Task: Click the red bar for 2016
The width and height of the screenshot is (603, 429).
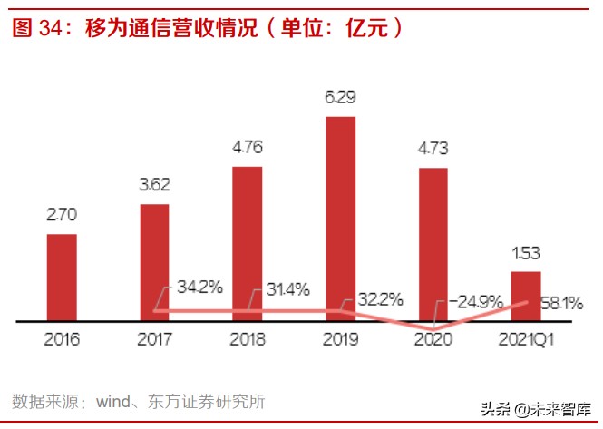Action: tap(62, 278)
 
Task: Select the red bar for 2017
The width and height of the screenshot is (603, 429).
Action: tap(154, 262)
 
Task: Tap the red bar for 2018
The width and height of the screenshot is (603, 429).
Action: tap(248, 243)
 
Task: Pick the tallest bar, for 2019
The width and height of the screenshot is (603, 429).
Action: tap(340, 219)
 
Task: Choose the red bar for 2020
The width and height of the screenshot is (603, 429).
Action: tap(433, 244)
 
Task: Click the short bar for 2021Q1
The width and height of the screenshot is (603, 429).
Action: tap(525, 296)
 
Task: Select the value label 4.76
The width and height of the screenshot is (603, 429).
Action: tap(248, 149)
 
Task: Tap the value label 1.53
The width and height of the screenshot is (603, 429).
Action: tap(525, 253)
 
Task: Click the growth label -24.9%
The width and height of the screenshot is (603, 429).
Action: tap(473, 301)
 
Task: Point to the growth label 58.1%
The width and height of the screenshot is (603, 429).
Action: tap(562, 302)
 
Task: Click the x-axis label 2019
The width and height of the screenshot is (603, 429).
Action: tap(340, 340)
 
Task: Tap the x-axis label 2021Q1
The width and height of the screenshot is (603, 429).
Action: tap(525, 340)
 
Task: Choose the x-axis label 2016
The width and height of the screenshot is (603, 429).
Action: tap(61, 340)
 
